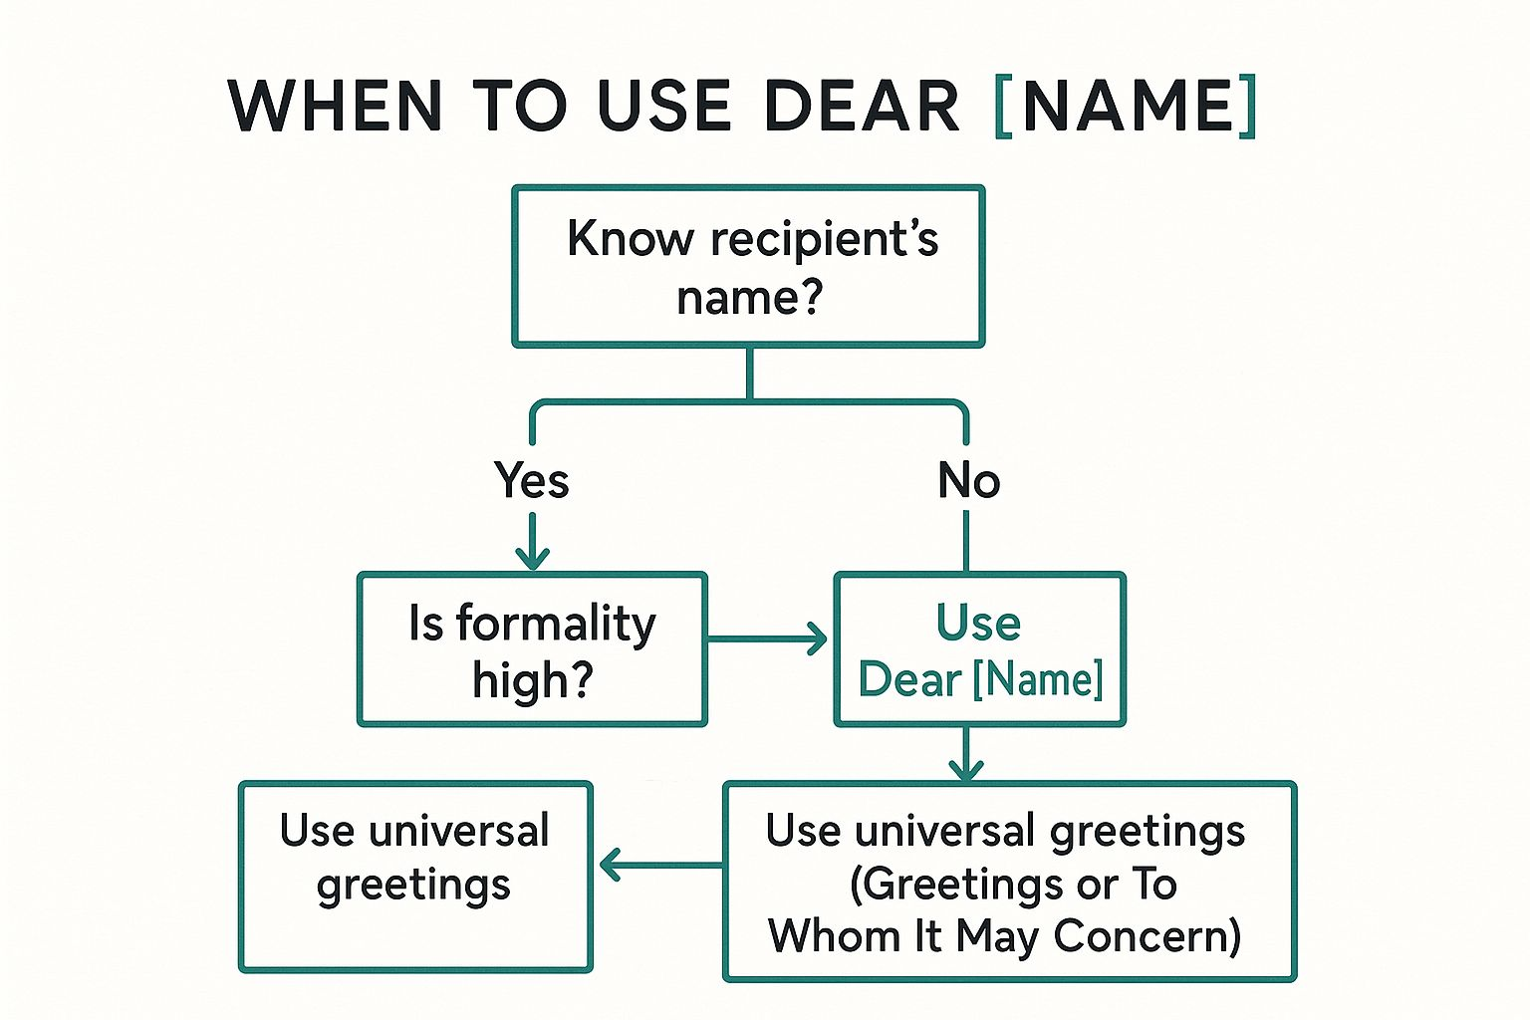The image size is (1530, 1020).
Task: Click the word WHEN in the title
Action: click(x=335, y=106)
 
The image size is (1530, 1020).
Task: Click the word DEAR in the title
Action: click(x=861, y=106)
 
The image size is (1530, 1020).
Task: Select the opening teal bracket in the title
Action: click(x=1004, y=106)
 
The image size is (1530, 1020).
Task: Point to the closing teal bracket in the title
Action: click(x=1247, y=106)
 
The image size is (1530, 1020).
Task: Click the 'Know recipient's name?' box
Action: click(x=748, y=266)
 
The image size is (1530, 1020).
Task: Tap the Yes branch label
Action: click(x=532, y=481)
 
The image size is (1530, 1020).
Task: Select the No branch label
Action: click(x=968, y=481)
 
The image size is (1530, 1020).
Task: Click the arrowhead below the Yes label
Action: click(x=532, y=557)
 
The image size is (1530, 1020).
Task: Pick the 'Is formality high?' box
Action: click(x=532, y=649)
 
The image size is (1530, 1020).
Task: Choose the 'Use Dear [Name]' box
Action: click(x=980, y=649)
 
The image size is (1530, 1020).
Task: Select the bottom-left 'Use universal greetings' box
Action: click(x=414, y=876)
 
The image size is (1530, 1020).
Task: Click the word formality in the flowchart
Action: click(x=556, y=625)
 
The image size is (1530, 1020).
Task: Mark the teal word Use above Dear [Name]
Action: click(x=978, y=623)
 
